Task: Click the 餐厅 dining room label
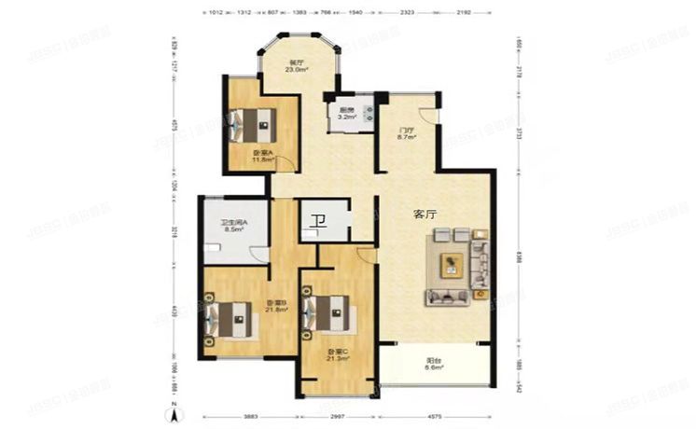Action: pyautogui.click(x=297, y=66)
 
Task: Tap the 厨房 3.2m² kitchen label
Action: pyautogui.click(x=346, y=113)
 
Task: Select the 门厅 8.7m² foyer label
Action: pyautogui.click(x=407, y=134)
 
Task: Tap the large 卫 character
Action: pyautogui.click(x=318, y=222)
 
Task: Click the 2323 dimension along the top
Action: pyautogui.click(x=407, y=13)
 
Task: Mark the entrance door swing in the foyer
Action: pyautogui.click(x=428, y=115)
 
